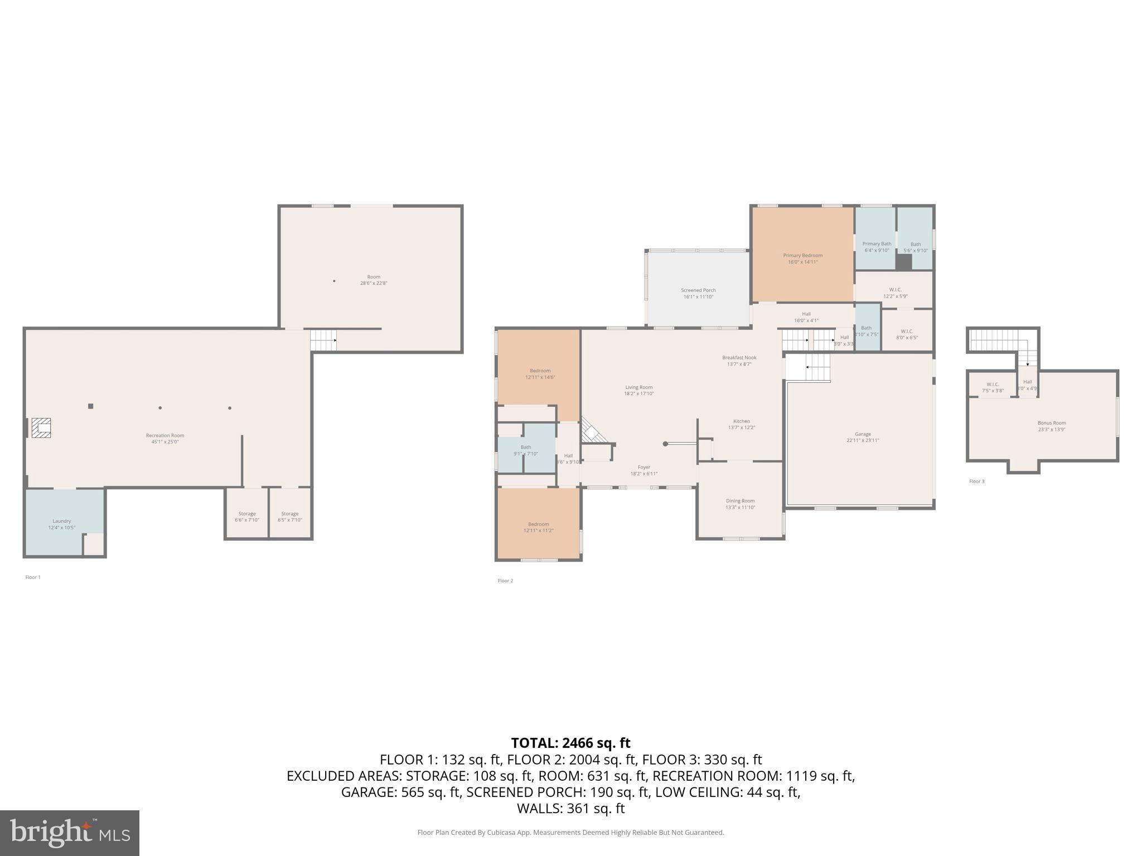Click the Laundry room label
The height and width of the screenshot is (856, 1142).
tap(61, 524)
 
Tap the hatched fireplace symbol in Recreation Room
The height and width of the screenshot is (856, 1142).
tap(41, 428)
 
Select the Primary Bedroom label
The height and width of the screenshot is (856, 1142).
tap(802, 259)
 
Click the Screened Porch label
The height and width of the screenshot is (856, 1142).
tap(698, 293)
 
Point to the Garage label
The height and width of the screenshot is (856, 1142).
tap(862, 437)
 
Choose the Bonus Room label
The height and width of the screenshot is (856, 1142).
tap(1051, 426)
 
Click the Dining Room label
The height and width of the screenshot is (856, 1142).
tap(740, 504)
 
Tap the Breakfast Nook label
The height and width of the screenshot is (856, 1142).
tap(739, 361)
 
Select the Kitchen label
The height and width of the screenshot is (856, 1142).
tap(741, 424)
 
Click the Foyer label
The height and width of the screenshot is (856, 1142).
tap(643, 470)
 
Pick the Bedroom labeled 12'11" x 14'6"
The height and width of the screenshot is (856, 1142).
tap(540, 374)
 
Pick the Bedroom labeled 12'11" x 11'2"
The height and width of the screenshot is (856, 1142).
tap(538, 527)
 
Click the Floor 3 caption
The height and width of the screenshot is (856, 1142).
tap(976, 481)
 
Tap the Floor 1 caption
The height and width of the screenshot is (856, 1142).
tap(33, 577)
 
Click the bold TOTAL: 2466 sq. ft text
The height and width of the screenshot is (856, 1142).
tap(570, 743)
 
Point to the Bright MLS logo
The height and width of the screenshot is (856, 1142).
tap(70, 833)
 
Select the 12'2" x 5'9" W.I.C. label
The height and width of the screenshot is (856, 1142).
tap(895, 293)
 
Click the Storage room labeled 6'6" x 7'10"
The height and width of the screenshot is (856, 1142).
tap(246, 517)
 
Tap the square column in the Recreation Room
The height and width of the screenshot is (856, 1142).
tap(90, 406)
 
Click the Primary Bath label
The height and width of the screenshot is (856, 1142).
tap(876, 247)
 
